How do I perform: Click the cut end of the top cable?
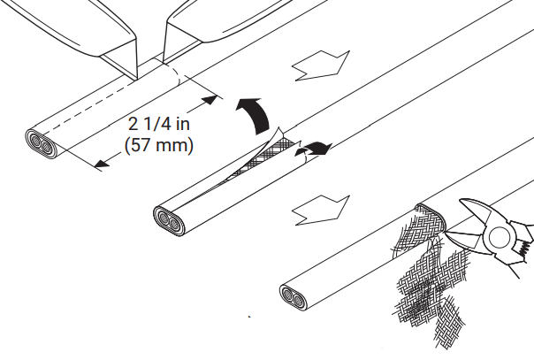[42, 143]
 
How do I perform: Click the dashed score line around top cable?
[172, 73]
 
